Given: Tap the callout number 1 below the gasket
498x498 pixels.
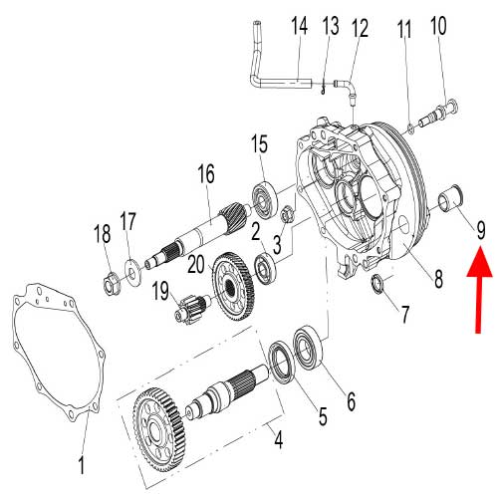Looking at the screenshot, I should point(83,464).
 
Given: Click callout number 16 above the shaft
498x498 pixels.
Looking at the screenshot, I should point(205,174).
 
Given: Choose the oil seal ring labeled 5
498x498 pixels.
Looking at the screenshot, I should point(283,362).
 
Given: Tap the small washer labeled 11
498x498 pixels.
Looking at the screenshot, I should point(410,126).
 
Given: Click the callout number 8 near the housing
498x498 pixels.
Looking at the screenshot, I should point(437,281).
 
